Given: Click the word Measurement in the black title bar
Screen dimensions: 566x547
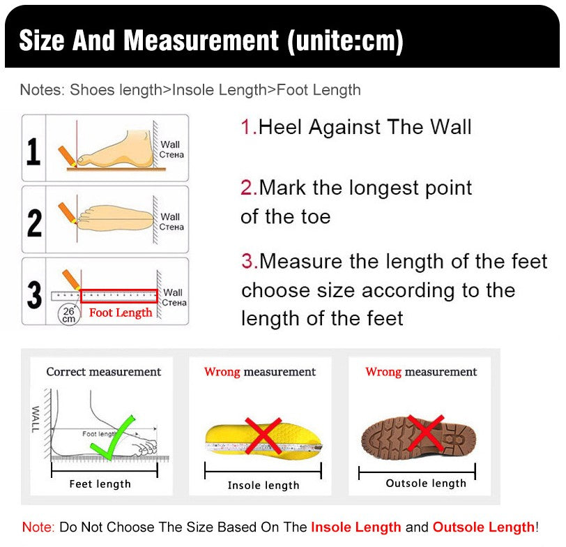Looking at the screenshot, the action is (x=201, y=40).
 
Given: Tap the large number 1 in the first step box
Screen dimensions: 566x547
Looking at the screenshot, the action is (x=33, y=151).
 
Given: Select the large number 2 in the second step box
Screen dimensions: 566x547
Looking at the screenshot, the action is (x=34, y=223).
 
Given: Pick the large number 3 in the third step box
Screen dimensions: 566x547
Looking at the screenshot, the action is (x=34, y=294).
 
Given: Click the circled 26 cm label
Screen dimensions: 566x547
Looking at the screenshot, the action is (x=68, y=315).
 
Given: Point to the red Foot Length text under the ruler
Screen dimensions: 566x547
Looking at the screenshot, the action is (x=121, y=313).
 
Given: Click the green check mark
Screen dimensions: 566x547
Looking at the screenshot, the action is (x=112, y=437).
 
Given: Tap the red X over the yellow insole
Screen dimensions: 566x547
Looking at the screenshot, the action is (x=263, y=436).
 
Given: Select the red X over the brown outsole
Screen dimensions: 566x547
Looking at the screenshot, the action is (x=426, y=433).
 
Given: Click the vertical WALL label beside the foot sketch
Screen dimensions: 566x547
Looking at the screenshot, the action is (x=36, y=419).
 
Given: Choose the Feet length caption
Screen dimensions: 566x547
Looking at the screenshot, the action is (x=100, y=484).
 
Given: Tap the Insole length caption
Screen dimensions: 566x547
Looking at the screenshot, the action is (x=263, y=485).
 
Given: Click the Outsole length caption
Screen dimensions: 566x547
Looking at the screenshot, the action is (x=426, y=483).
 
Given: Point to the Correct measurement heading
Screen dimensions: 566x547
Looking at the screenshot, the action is (x=104, y=371).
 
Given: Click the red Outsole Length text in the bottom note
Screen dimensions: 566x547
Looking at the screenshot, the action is (x=484, y=527).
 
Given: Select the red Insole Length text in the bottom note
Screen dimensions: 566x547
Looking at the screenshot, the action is (x=356, y=527).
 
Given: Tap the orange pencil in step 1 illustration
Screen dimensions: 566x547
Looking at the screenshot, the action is (x=68, y=156).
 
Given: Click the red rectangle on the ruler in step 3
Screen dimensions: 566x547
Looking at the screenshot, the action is (x=119, y=296).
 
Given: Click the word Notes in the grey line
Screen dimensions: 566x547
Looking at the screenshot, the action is (x=40, y=90).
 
